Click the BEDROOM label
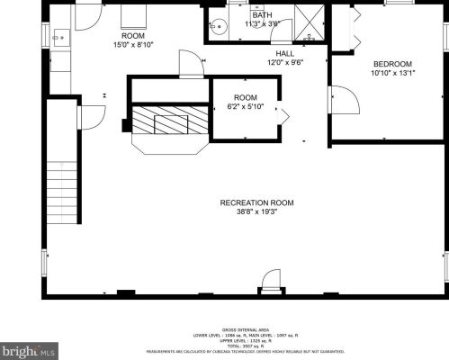click(x=392, y=64)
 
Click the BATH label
click(x=262, y=15)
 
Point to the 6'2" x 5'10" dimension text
click(x=246, y=108)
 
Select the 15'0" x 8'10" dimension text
click(x=132, y=44)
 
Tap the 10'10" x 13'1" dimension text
click(x=392, y=74)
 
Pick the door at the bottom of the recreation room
click(x=270, y=285)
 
